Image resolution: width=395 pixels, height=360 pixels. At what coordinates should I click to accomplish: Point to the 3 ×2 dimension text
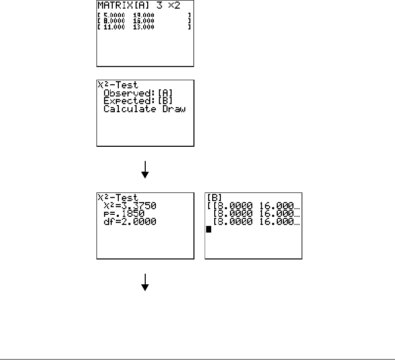tap(169, 6)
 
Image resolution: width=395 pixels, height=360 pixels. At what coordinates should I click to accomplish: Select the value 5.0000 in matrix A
tap(114, 16)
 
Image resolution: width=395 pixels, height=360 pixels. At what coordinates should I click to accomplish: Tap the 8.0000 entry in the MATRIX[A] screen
tap(114, 21)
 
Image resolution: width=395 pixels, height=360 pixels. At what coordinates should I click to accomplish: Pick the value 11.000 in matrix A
tap(114, 26)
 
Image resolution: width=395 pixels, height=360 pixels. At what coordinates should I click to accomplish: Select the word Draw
tap(174, 109)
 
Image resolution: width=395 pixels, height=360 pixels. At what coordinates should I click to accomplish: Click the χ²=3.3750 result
tap(130, 206)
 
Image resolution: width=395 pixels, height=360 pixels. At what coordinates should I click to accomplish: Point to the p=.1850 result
tap(124, 214)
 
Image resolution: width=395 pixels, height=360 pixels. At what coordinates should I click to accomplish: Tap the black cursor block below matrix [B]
tap(208, 230)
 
